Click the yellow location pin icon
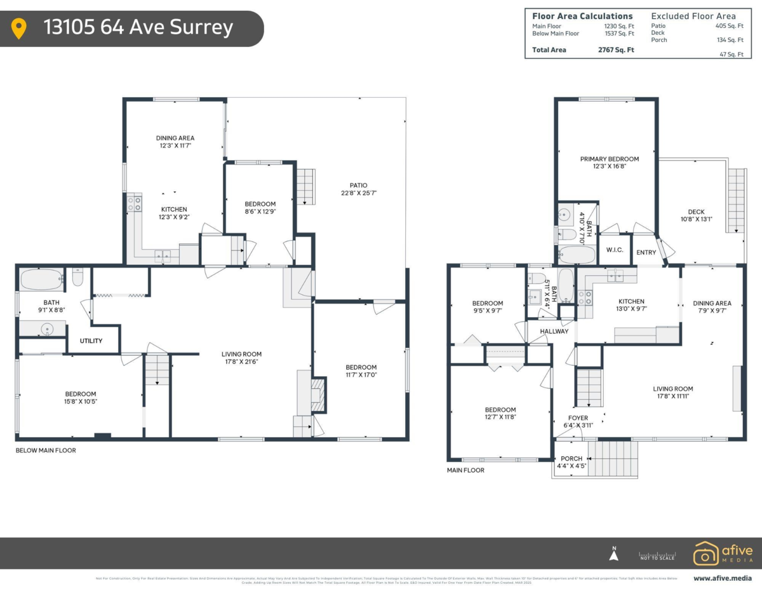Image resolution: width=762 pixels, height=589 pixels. pos(19,29)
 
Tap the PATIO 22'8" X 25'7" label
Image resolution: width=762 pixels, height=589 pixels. pos(354,189)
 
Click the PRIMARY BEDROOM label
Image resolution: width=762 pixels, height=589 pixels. pos(609,163)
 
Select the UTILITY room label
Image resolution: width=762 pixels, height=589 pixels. pos(91,341)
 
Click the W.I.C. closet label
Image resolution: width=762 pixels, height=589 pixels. pos(614,250)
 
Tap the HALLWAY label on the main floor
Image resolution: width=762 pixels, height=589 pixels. pos(554,332)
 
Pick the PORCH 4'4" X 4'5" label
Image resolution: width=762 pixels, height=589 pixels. pos(571,462)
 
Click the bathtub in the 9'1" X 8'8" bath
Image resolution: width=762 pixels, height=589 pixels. pos(41,279)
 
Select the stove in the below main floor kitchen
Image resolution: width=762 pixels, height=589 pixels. pos(135,204)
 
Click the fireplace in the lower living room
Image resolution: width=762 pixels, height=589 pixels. pos(317,393)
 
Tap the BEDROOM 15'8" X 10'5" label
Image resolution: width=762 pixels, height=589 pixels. pos(81,398)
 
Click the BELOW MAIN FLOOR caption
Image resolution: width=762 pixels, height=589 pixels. pos(45,450)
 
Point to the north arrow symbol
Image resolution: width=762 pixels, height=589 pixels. pos(613,555)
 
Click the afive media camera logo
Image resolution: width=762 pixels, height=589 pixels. pos(705,553)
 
